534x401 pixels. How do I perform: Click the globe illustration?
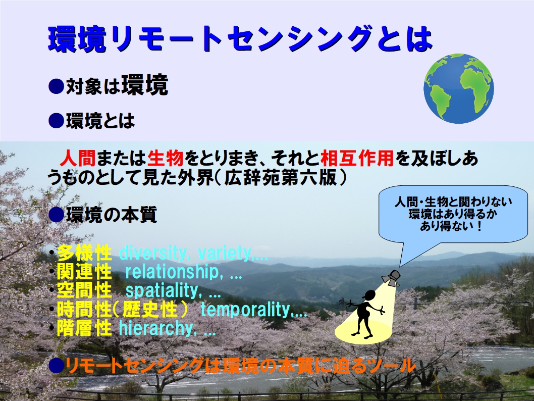(x=458, y=88)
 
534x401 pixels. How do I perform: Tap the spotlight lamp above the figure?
(x=391, y=277)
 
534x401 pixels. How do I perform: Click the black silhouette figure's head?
(x=369, y=295)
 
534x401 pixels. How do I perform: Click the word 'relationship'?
(x=172, y=272)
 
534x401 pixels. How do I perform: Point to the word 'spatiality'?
(x=162, y=291)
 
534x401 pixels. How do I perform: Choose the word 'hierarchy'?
(x=156, y=328)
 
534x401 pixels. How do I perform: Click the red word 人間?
(x=78, y=158)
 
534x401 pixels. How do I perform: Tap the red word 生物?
(x=166, y=158)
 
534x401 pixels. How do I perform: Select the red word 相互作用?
(x=357, y=158)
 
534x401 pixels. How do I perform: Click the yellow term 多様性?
(x=84, y=253)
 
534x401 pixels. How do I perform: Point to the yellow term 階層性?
(x=84, y=328)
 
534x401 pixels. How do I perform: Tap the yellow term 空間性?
(x=84, y=290)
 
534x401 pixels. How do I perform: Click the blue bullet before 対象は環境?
(x=56, y=86)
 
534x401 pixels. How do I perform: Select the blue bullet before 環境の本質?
(x=56, y=215)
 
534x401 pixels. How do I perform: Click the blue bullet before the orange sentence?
(x=56, y=366)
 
